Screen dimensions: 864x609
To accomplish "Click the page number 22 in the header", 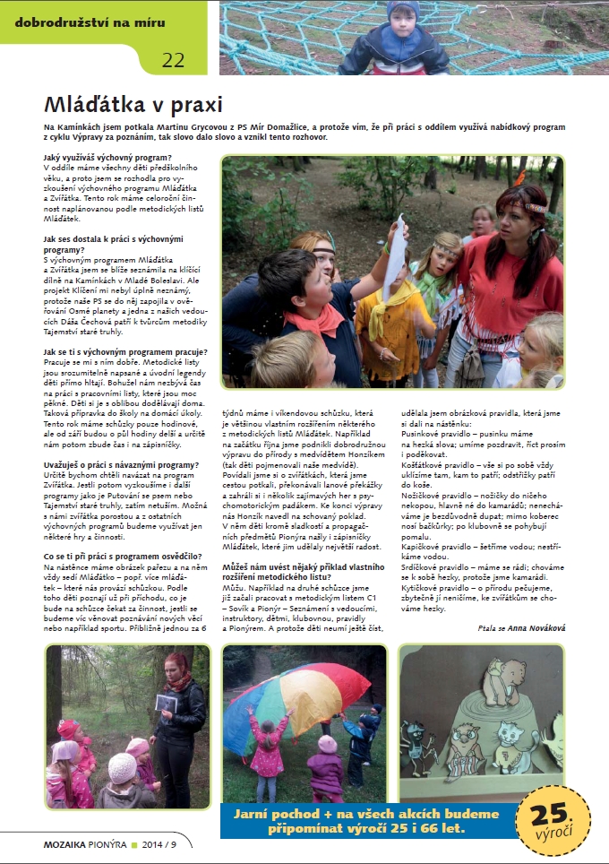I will [x=173, y=60].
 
